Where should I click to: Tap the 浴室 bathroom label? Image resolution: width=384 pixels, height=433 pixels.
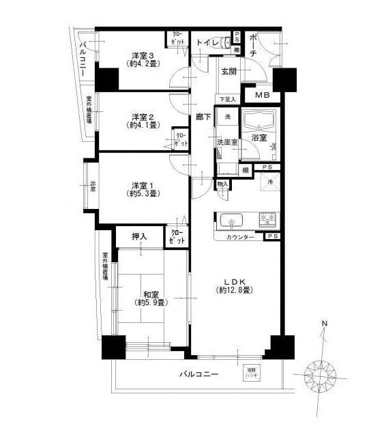(260, 137)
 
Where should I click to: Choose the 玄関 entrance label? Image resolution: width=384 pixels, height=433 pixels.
(228, 71)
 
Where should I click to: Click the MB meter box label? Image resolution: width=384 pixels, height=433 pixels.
(263, 95)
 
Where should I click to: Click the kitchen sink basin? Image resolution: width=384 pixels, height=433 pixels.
(232, 221)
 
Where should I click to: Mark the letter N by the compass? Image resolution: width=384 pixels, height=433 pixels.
(325, 323)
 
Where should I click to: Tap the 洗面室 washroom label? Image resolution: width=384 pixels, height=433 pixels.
(226, 143)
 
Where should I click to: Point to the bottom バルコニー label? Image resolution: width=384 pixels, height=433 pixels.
(198, 374)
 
